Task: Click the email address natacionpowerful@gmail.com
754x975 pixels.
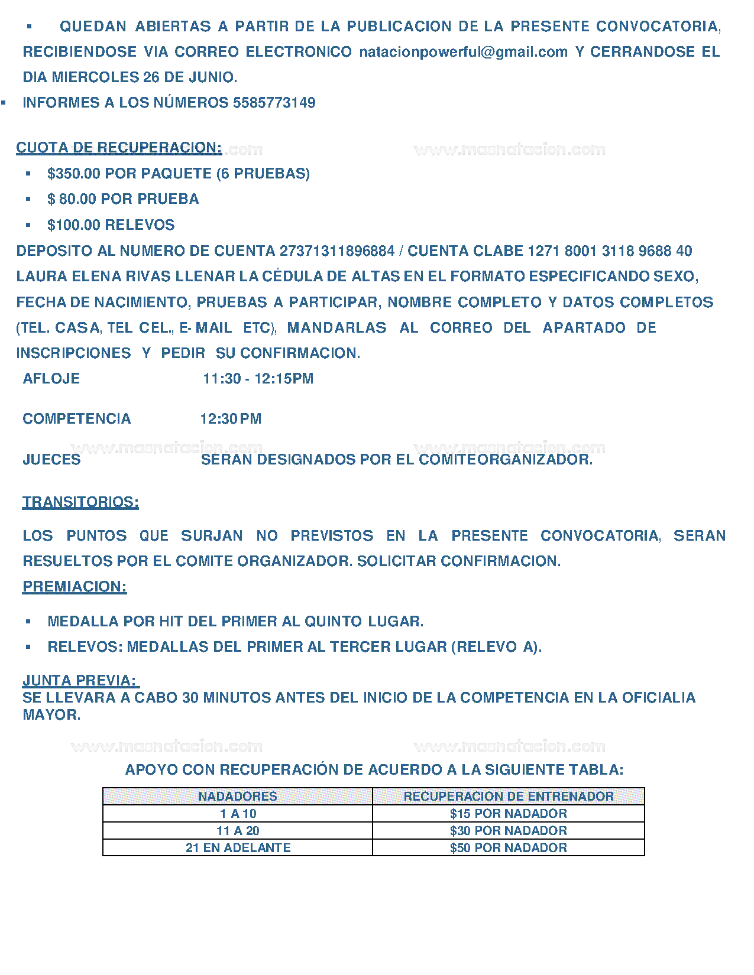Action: pyautogui.click(x=463, y=52)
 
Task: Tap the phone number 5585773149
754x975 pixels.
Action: pyautogui.click(x=274, y=103)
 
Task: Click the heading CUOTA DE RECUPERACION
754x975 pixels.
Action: pyautogui.click(x=119, y=147)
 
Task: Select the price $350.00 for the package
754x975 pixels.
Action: pyautogui.click(x=74, y=174)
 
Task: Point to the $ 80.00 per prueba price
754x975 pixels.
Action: pyautogui.click(x=72, y=199)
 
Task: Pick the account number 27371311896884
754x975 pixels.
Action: pyautogui.click(x=336, y=251)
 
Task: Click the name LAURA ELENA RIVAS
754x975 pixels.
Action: pyautogui.click(x=93, y=277)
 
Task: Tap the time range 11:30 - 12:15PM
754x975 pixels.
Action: pyautogui.click(x=258, y=379)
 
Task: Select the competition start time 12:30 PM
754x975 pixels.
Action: pyautogui.click(x=231, y=419)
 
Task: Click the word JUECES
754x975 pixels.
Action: pyautogui.click(x=51, y=460)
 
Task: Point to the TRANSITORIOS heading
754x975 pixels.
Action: pyautogui.click(x=80, y=502)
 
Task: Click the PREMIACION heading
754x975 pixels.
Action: pyautogui.click(x=75, y=587)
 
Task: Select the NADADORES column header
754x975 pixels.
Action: pyautogui.click(x=237, y=797)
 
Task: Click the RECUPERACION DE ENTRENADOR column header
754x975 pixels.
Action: pyautogui.click(x=509, y=797)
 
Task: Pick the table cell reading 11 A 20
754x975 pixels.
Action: pyautogui.click(x=238, y=831)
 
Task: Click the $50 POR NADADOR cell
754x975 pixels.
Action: pyautogui.click(x=509, y=848)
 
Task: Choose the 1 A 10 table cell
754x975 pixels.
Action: pyautogui.click(x=238, y=814)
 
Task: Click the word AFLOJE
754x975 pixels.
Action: pyautogui.click(x=51, y=379)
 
